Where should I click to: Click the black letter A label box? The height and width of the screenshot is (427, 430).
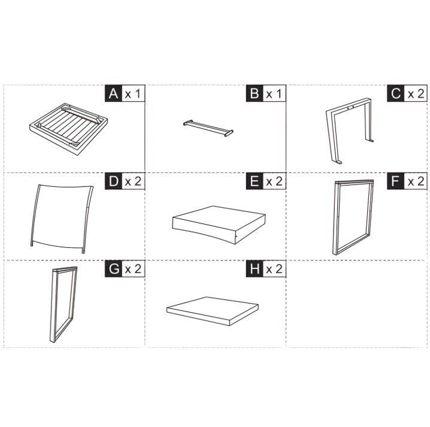112,94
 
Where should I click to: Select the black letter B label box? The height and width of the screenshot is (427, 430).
254,94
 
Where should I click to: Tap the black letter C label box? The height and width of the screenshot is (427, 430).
396,94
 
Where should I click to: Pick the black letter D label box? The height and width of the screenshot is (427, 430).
112,182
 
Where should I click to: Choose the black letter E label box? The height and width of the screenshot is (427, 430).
254,182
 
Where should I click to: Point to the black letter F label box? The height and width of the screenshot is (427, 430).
396,182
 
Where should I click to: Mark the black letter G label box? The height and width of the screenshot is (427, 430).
112,269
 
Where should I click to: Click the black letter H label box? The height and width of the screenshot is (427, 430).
254,269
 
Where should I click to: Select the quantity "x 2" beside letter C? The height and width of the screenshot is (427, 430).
416,94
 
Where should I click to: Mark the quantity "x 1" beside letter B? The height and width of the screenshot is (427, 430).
274,94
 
